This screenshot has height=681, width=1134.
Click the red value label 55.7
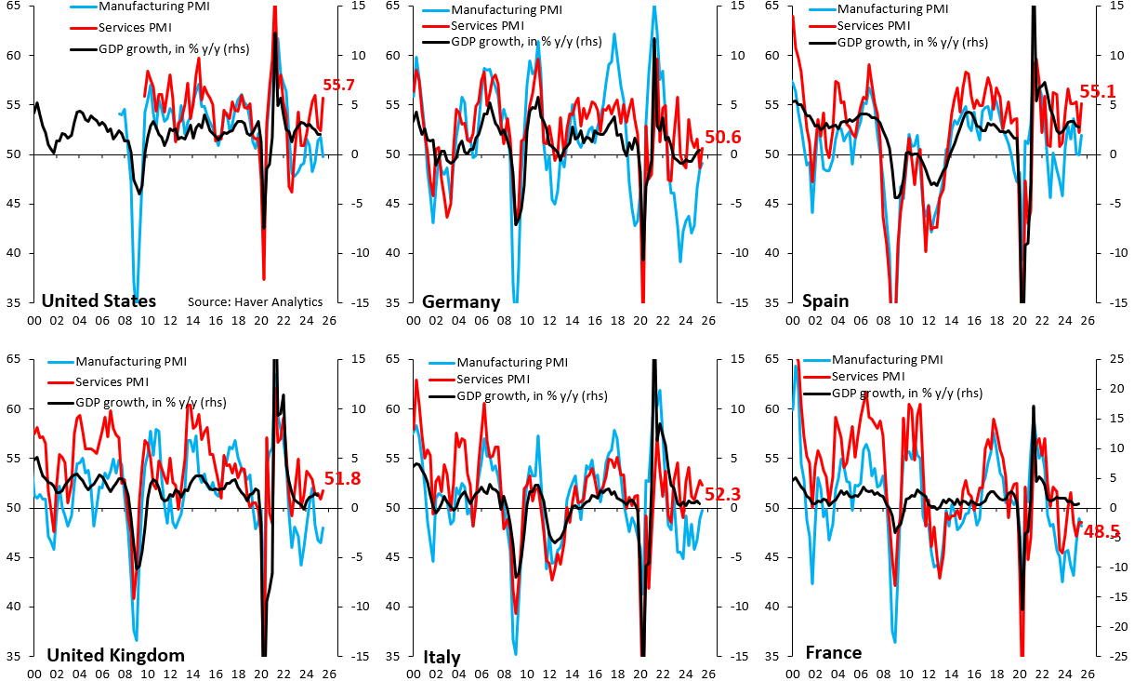tap(338, 85)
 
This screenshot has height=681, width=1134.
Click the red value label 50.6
tap(722, 138)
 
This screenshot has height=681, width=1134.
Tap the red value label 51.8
tap(342, 479)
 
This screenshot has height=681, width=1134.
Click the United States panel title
tap(99, 300)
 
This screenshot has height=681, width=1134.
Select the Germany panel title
tap(461, 301)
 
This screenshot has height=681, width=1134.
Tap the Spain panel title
tap(825, 300)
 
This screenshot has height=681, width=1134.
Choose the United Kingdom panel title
tap(115, 655)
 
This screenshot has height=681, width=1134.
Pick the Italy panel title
tap(442, 657)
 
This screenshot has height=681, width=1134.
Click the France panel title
tap(833, 652)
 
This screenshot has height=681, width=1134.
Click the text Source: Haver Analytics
tap(255, 301)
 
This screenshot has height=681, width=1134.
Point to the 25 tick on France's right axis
tap(1113, 359)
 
